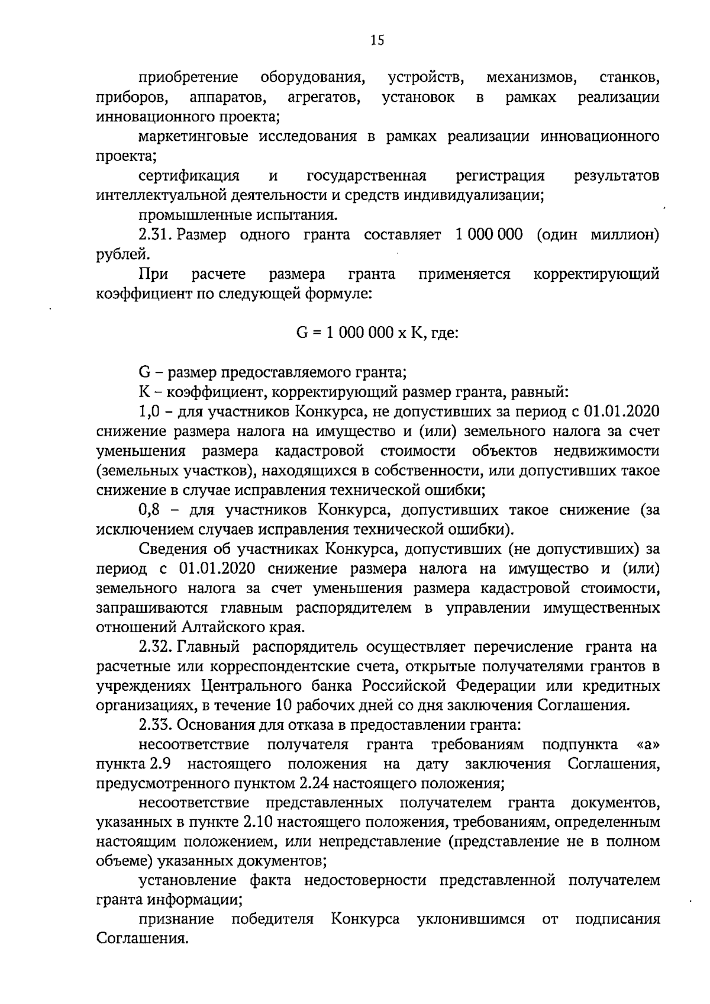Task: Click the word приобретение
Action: (x=189, y=78)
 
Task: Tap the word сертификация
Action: (x=189, y=176)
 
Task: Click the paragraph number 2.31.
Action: (x=153, y=234)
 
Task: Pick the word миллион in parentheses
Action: (x=625, y=234)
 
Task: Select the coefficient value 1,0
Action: (x=147, y=411)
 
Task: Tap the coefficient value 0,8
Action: (x=147, y=510)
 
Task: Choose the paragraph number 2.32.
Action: (x=154, y=646)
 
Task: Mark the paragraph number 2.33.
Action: (x=154, y=725)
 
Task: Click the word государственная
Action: (x=367, y=176)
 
